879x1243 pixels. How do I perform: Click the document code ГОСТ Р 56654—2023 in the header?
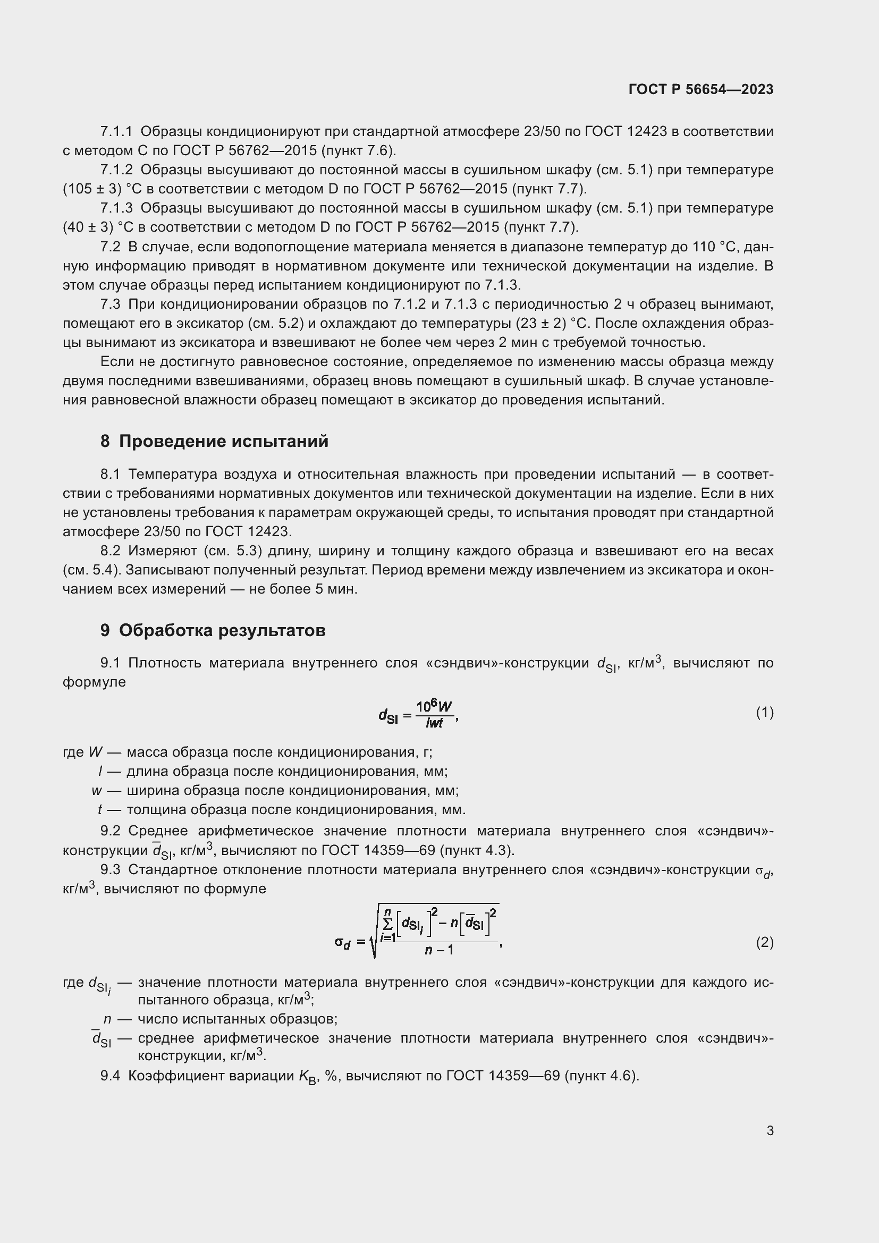point(701,89)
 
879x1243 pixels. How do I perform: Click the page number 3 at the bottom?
point(770,1130)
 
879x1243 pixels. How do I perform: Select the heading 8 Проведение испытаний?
point(214,442)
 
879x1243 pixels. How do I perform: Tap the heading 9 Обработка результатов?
point(213,631)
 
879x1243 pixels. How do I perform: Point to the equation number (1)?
point(764,713)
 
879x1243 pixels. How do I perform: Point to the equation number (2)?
point(764,943)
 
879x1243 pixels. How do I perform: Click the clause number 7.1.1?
point(116,132)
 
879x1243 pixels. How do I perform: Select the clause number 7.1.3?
point(116,208)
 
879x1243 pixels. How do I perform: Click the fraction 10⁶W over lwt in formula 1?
point(434,715)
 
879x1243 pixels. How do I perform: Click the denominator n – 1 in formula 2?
point(439,950)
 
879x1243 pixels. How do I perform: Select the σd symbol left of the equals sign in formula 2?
point(342,943)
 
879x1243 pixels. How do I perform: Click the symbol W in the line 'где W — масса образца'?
point(95,752)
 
